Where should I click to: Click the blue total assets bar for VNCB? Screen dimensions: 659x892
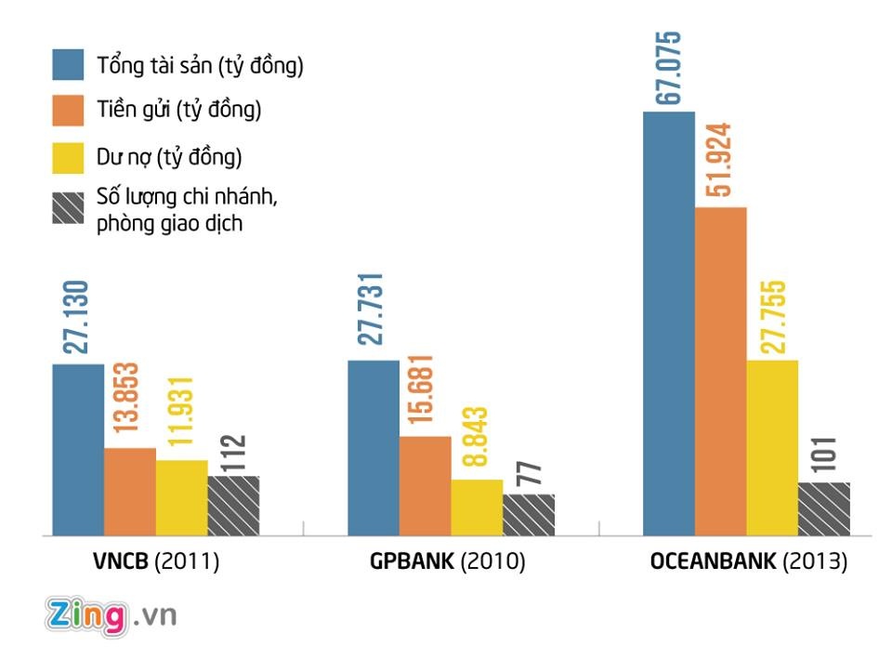(x=78, y=450)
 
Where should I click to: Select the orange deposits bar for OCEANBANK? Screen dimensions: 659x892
(x=720, y=372)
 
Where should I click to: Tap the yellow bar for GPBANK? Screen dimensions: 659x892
(x=477, y=507)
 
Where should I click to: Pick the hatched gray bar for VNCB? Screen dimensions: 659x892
(x=233, y=506)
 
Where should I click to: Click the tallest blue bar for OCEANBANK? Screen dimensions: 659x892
(x=668, y=323)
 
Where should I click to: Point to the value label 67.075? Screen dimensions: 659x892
(x=668, y=68)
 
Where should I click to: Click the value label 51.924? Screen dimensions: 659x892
(x=720, y=160)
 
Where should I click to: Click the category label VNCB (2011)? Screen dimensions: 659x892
(x=155, y=562)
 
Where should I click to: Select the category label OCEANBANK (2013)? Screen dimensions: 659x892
(x=747, y=562)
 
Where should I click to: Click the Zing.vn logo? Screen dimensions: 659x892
(x=111, y=615)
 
